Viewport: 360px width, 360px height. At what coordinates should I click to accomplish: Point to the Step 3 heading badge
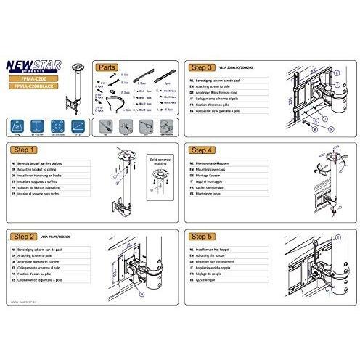coord(205,66)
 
